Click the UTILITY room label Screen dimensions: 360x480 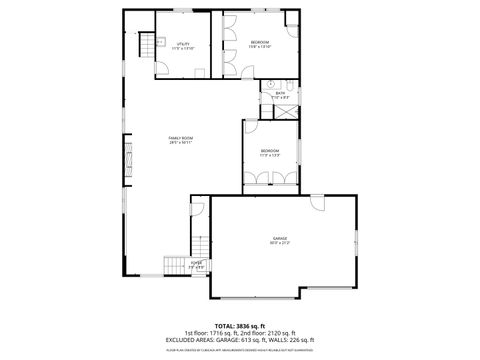184,43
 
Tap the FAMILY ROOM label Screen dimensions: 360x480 180,137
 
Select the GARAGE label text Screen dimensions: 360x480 279,238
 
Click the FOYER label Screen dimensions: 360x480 197,263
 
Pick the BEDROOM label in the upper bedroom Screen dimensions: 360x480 259,42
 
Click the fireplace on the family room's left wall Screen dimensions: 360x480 127,158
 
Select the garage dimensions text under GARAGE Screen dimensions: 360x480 279,244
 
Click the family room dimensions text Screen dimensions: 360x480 180,143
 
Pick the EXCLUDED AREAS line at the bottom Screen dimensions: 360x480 240,339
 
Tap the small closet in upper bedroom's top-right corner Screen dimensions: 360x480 292,19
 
